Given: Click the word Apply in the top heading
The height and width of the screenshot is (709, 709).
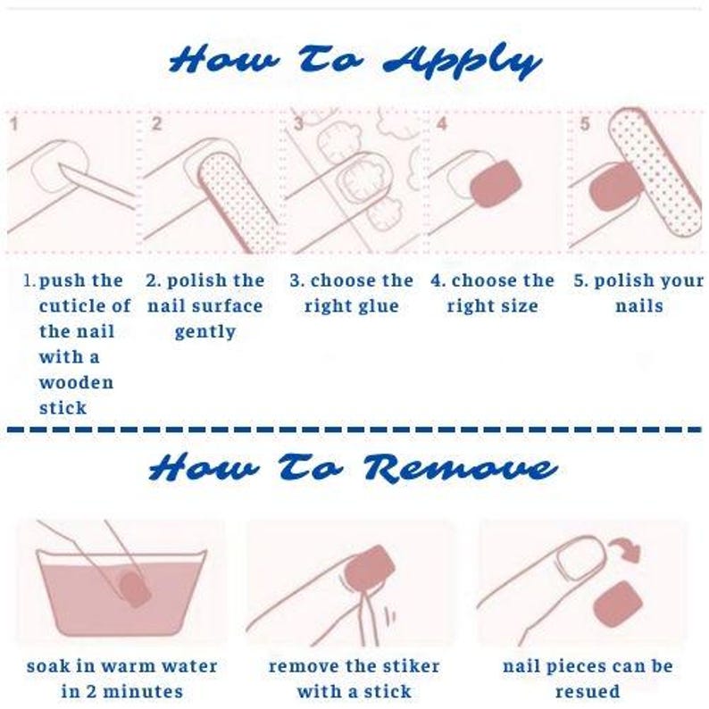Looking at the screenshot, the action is pyautogui.click(x=462, y=61).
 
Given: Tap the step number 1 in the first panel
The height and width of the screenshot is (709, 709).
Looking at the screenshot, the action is pyautogui.click(x=14, y=124).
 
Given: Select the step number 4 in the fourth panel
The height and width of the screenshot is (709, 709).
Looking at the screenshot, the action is pyautogui.click(x=441, y=124).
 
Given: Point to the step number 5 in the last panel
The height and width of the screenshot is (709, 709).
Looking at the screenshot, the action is pyautogui.click(x=585, y=124).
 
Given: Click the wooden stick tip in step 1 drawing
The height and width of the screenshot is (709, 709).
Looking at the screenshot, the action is pyautogui.click(x=61, y=166).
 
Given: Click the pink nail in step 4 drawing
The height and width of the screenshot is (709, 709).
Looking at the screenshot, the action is pyautogui.click(x=496, y=183).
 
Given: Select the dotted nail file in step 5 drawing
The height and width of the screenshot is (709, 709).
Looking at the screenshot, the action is pyautogui.click(x=655, y=171).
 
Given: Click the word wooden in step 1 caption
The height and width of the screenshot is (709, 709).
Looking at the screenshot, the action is pyautogui.click(x=76, y=382).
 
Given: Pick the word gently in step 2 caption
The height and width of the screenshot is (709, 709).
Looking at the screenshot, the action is pyautogui.click(x=205, y=332).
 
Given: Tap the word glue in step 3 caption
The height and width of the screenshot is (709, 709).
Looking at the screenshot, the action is pyautogui.click(x=376, y=306).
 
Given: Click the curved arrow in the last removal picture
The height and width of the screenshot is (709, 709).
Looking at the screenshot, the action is pyautogui.click(x=625, y=548).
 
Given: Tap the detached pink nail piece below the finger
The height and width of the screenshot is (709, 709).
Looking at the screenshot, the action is pyautogui.click(x=618, y=605).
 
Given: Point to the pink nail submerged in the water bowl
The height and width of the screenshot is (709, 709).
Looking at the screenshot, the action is pyautogui.click(x=134, y=589).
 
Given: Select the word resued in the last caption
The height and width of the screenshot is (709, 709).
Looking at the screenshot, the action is pyautogui.click(x=588, y=692).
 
